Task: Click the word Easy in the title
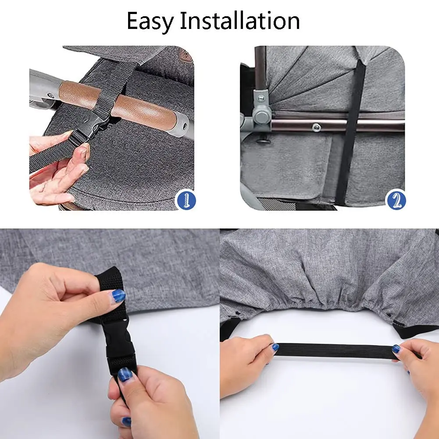[150, 21]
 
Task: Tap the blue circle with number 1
[186, 200]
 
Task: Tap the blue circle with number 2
[396, 200]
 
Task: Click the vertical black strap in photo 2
[350, 132]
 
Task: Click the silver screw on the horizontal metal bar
[317, 127]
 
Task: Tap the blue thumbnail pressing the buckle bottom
[125, 375]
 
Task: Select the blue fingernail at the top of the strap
[118, 296]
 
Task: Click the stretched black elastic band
[335, 350]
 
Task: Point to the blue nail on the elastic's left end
[275, 347]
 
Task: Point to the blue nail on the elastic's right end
[396, 349]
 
